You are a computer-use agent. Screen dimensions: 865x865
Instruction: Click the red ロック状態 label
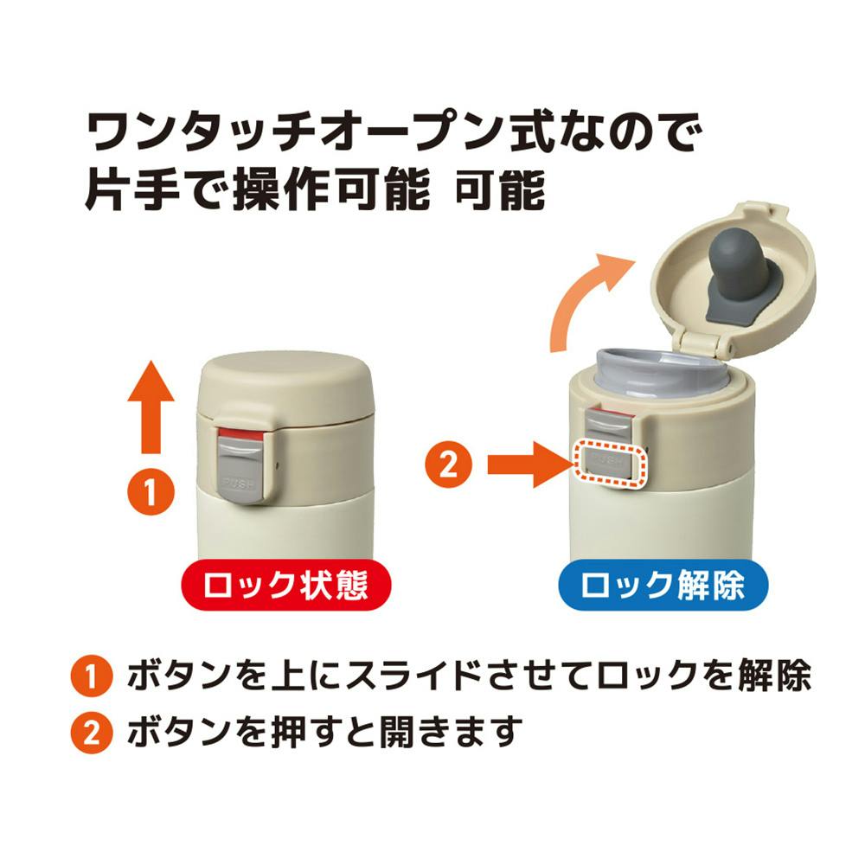coord(286,585)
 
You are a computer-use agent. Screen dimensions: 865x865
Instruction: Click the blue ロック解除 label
coord(663,585)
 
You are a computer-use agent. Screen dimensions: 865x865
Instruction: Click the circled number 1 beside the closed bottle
coord(151,491)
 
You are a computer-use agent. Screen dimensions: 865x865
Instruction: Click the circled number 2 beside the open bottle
coord(448,465)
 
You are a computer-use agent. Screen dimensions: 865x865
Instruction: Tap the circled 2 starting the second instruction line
coord(92,734)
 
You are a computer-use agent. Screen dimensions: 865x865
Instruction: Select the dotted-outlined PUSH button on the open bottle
coord(608,464)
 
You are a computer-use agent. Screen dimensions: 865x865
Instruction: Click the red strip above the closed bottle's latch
coord(241,433)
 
